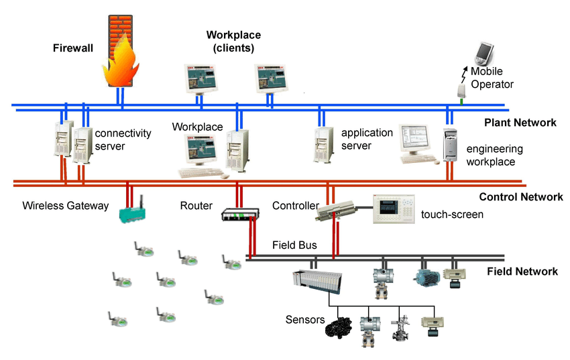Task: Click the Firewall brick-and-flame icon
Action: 120,50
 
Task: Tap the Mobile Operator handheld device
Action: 485,54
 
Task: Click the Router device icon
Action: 240,215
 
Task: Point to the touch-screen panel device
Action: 394,209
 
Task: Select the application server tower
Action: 323,145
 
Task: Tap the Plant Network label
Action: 520,123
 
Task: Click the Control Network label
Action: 521,197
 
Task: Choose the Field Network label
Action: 522,272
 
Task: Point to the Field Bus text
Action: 294,245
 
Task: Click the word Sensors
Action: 305,320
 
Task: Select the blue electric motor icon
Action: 426,278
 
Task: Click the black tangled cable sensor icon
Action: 339,327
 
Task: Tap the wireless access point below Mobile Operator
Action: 461,91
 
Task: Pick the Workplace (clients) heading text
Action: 234,42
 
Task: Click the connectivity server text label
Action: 123,139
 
